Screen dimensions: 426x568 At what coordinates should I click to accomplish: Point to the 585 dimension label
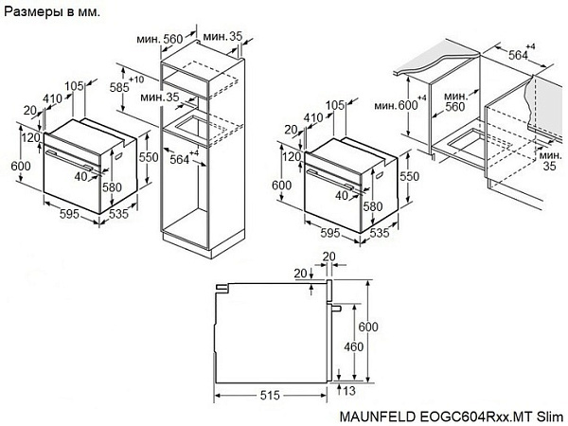pos(119,86)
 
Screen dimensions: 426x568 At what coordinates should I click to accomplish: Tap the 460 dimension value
pos(352,346)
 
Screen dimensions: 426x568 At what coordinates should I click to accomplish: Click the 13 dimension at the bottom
pos(349,389)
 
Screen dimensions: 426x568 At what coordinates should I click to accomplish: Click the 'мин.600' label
pos(396,104)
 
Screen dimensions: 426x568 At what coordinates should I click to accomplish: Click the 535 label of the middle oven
pos(379,231)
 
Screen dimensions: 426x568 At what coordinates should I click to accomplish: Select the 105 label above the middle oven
pos(333,104)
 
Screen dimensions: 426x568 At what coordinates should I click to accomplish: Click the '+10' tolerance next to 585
pos(136,79)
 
